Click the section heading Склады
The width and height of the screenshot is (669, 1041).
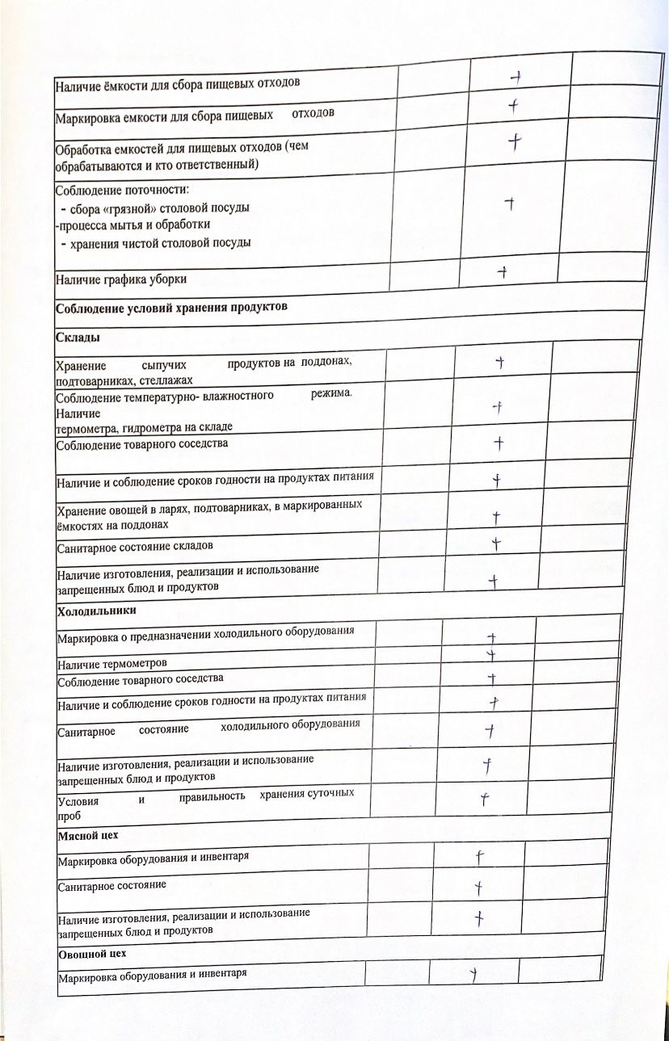(x=70, y=336)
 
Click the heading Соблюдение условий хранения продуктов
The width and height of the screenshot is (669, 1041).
(x=171, y=308)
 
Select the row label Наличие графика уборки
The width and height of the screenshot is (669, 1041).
(x=121, y=280)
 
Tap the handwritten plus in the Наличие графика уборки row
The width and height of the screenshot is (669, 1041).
(x=503, y=272)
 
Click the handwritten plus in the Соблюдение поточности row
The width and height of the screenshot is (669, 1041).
(x=510, y=204)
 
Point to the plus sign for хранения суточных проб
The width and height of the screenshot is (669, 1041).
(x=484, y=800)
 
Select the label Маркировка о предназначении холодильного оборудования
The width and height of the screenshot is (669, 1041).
(x=206, y=634)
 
